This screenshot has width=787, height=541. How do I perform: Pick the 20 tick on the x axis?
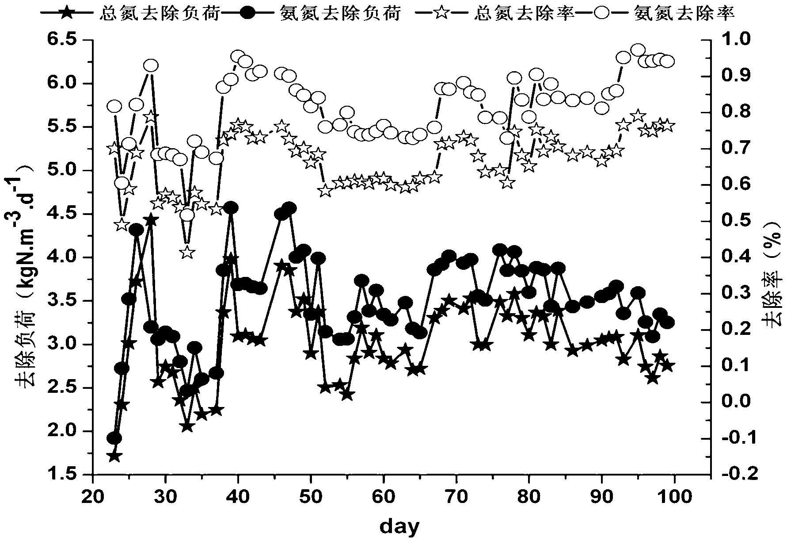(93, 497)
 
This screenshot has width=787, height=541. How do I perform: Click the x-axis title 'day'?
(399, 526)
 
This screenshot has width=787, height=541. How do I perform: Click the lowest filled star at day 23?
(114, 456)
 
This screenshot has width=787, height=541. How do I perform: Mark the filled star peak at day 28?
(151, 220)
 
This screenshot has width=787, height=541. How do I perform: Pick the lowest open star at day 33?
(187, 253)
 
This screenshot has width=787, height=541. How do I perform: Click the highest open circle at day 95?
(638, 50)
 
